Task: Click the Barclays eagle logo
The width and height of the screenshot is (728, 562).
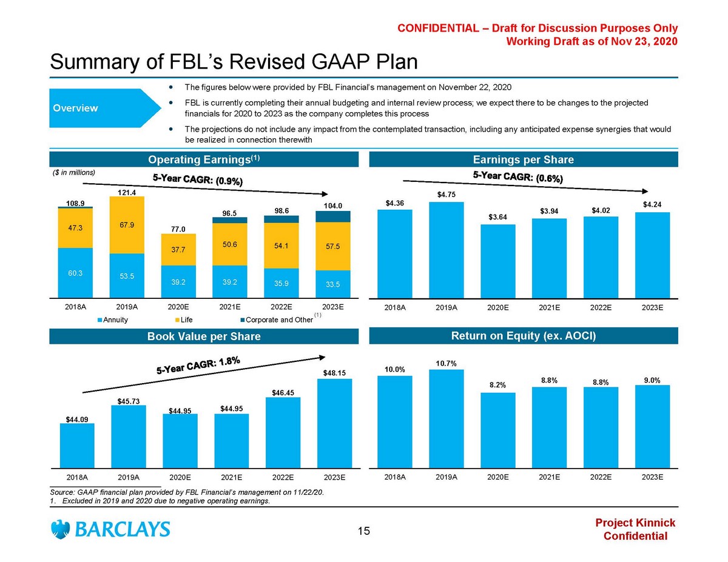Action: click(x=61, y=529)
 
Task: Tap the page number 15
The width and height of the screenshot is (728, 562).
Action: click(x=363, y=532)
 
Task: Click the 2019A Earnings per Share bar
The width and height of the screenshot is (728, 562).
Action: click(x=446, y=249)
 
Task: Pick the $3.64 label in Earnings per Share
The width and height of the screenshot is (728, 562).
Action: click(x=497, y=217)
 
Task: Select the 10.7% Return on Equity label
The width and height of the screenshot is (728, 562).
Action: click(x=446, y=363)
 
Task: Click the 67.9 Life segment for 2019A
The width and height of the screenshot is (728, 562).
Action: click(x=128, y=225)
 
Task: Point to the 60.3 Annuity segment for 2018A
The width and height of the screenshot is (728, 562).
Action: click(x=76, y=273)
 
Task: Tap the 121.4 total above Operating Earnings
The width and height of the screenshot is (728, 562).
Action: click(x=128, y=192)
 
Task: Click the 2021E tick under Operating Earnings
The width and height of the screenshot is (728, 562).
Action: click(x=231, y=307)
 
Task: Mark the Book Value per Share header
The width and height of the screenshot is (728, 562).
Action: click(x=204, y=336)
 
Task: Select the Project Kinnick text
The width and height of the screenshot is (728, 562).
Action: click(x=635, y=523)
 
